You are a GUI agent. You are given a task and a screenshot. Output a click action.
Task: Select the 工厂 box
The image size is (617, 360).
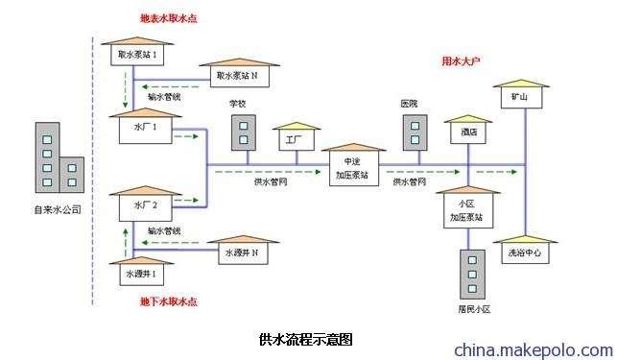click(x=294, y=140)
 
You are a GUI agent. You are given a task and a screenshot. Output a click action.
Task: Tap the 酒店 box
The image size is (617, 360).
click(x=467, y=132)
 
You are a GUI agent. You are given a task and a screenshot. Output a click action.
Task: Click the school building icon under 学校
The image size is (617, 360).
click(x=244, y=132)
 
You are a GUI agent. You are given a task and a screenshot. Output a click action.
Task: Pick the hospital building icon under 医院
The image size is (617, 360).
click(x=414, y=132)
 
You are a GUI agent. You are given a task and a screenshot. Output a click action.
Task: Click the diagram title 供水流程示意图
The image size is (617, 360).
click(x=306, y=339)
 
